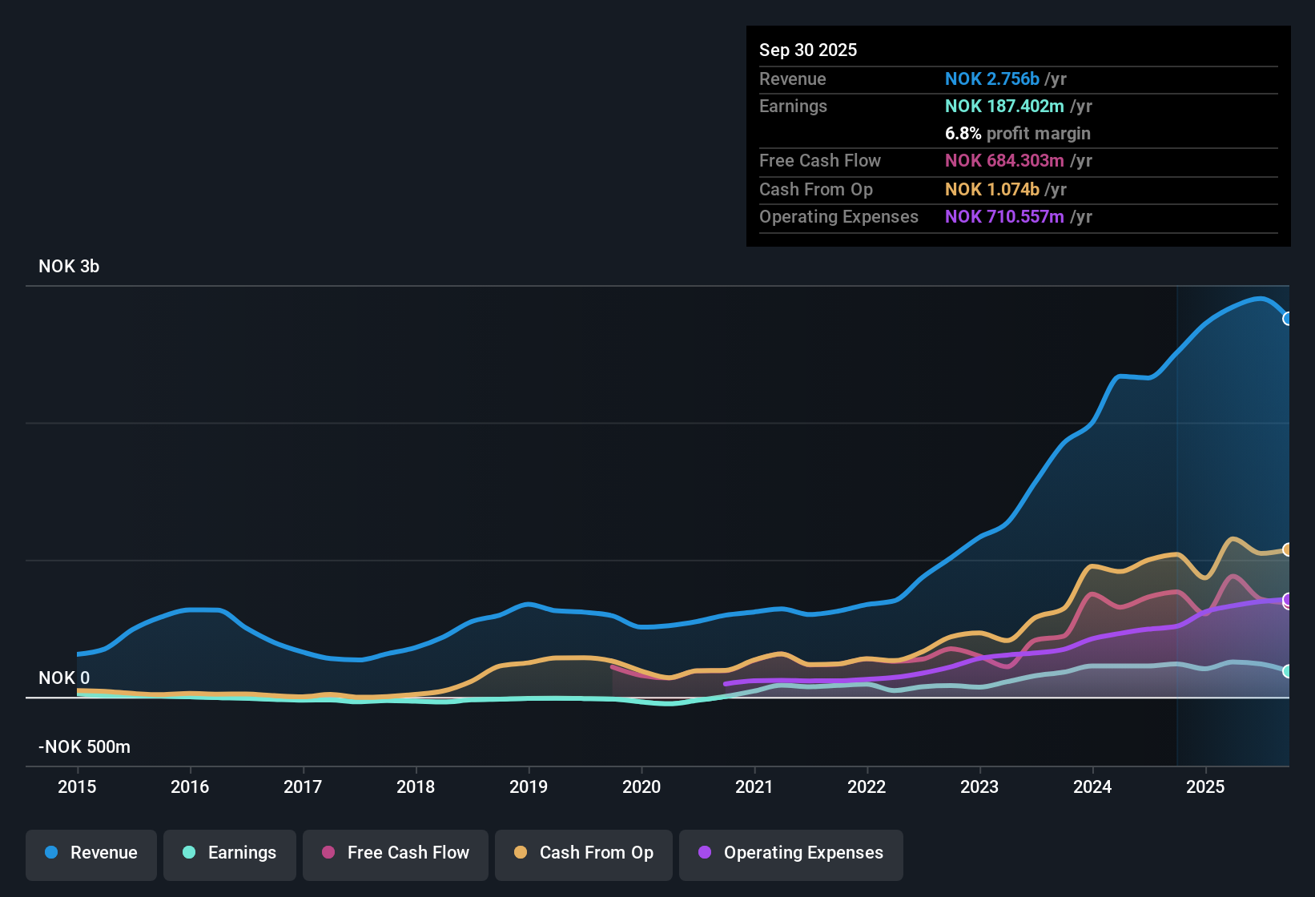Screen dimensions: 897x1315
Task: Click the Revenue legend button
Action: (91, 853)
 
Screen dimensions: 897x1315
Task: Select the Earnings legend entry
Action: (230, 853)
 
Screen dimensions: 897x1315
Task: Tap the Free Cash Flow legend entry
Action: (396, 853)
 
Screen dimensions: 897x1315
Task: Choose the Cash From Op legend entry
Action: (584, 853)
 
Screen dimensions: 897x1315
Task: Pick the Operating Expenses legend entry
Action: (791, 853)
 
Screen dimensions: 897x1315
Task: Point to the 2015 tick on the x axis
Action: (77, 786)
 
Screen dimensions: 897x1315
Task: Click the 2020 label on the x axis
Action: (641, 786)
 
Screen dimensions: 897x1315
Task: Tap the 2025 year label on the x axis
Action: (1205, 786)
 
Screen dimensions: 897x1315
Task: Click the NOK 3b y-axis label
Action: (69, 267)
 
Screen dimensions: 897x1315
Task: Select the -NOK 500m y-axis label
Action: (84, 747)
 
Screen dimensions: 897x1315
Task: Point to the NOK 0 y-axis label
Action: (64, 678)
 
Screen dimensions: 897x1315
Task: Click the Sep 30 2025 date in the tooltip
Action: (808, 50)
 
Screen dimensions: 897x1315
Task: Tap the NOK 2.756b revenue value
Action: (991, 78)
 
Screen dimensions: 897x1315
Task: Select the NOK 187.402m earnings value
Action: (1004, 107)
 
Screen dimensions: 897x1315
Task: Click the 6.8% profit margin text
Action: (1017, 134)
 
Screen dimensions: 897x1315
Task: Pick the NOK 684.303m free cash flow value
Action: (1004, 161)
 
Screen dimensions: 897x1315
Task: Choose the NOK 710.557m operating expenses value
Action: (1004, 217)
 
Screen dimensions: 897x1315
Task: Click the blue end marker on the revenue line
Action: (1288, 319)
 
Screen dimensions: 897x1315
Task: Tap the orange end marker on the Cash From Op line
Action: (1288, 549)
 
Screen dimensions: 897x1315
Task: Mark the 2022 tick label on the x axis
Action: (867, 786)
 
